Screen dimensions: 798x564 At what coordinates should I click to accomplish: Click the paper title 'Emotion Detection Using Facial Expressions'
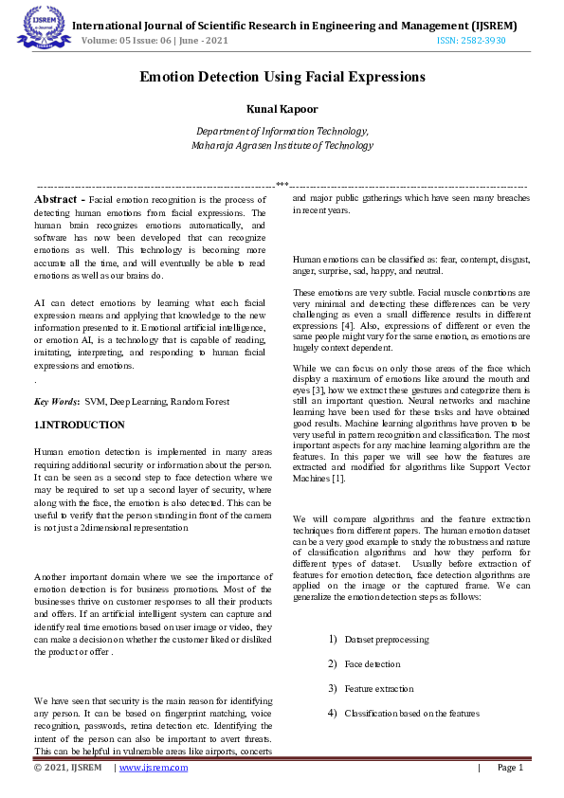(x=282, y=76)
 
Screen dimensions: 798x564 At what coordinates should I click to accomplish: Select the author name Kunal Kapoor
(x=282, y=110)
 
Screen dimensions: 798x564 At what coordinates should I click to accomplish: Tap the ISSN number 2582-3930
(x=471, y=41)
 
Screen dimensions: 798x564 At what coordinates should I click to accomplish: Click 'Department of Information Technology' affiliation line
(x=282, y=132)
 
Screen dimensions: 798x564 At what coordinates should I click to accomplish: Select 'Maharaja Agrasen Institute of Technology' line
(x=282, y=146)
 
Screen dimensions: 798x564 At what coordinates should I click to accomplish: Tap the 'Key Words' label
(x=56, y=403)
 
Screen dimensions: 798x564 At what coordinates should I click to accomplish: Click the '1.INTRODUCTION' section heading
(x=79, y=425)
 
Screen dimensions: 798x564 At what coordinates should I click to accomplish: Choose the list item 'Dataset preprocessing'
(x=387, y=640)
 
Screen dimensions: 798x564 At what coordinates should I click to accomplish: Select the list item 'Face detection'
(x=373, y=664)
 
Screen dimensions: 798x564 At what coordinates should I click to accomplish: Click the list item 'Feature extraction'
(x=379, y=688)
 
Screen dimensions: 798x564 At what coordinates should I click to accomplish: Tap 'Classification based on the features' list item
(x=412, y=713)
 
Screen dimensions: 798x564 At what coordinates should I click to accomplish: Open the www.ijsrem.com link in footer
(x=151, y=768)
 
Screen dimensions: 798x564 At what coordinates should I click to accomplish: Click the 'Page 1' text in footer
(x=509, y=768)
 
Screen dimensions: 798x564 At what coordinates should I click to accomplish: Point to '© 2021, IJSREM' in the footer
(x=67, y=768)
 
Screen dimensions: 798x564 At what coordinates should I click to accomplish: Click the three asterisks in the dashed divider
(x=282, y=185)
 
